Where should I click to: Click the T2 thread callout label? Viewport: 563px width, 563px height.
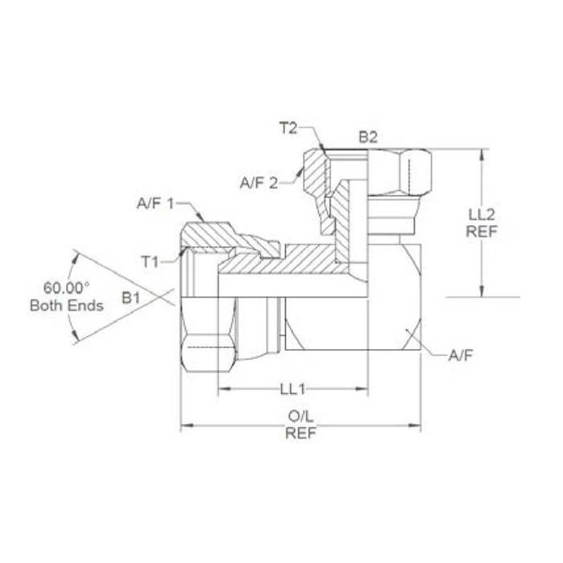pos(290,128)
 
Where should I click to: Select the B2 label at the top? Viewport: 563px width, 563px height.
pos(368,138)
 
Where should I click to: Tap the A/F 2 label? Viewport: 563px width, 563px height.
pos(258,183)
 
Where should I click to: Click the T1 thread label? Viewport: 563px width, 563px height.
pos(150,260)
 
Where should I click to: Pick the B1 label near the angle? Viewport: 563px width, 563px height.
pos(131,298)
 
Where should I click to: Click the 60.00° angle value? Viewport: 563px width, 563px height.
pos(67,288)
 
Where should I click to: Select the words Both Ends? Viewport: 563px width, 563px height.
pos(67,306)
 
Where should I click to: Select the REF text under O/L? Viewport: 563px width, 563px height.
pos(300,434)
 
